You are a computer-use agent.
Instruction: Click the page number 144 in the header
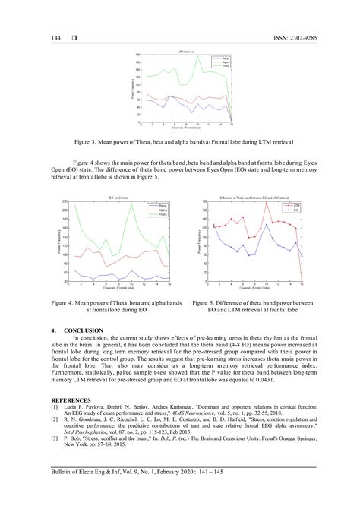(x=56, y=37)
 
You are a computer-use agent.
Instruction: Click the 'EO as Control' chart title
(x=121, y=196)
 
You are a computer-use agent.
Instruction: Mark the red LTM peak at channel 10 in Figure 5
(x=266, y=202)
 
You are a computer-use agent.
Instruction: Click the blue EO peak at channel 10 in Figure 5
(x=266, y=225)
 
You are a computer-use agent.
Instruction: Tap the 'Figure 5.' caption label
(x=204, y=302)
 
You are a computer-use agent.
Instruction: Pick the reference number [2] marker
(x=55, y=418)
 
